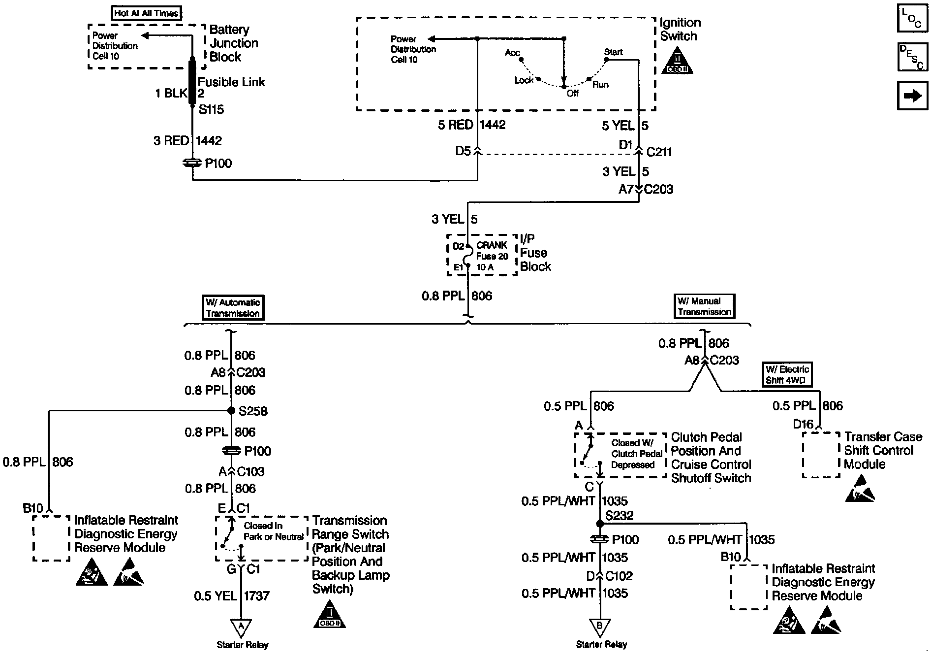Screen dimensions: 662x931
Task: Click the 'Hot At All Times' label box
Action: point(146,13)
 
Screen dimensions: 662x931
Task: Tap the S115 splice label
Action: point(211,109)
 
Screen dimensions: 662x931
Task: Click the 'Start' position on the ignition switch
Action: point(613,52)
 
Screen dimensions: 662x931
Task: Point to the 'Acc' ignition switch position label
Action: point(512,53)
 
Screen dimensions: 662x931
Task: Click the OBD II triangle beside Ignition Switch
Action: point(678,62)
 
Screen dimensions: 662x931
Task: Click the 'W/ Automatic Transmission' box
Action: point(233,308)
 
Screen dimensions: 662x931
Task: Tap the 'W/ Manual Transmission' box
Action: point(705,306)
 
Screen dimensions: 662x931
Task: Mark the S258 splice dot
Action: point(231,410)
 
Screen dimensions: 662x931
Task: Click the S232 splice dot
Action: point(600,523)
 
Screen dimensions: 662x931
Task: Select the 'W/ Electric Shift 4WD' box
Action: point(787,375)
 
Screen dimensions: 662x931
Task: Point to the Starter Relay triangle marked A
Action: point(241,627)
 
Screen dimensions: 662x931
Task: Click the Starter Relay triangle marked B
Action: point(600,627)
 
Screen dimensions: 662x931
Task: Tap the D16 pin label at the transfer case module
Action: point(803,424)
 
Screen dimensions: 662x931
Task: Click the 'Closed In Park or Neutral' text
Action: point(273,531)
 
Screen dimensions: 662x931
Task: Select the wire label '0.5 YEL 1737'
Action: point(232,596)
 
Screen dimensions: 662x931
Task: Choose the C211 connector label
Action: point(659,152)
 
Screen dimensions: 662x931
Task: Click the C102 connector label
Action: point(619,575)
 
